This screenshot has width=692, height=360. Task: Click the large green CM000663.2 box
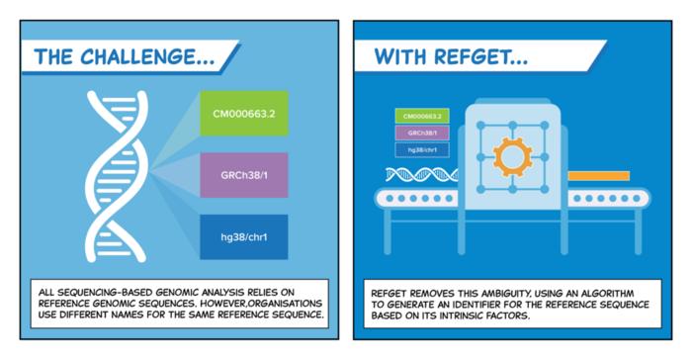[x=243, y=114]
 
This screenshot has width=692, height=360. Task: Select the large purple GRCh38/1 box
[x=243, y=175]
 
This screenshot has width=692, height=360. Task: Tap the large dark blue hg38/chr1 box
[x=243, y=236]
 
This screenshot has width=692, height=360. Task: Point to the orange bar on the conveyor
[x=598, y=176]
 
